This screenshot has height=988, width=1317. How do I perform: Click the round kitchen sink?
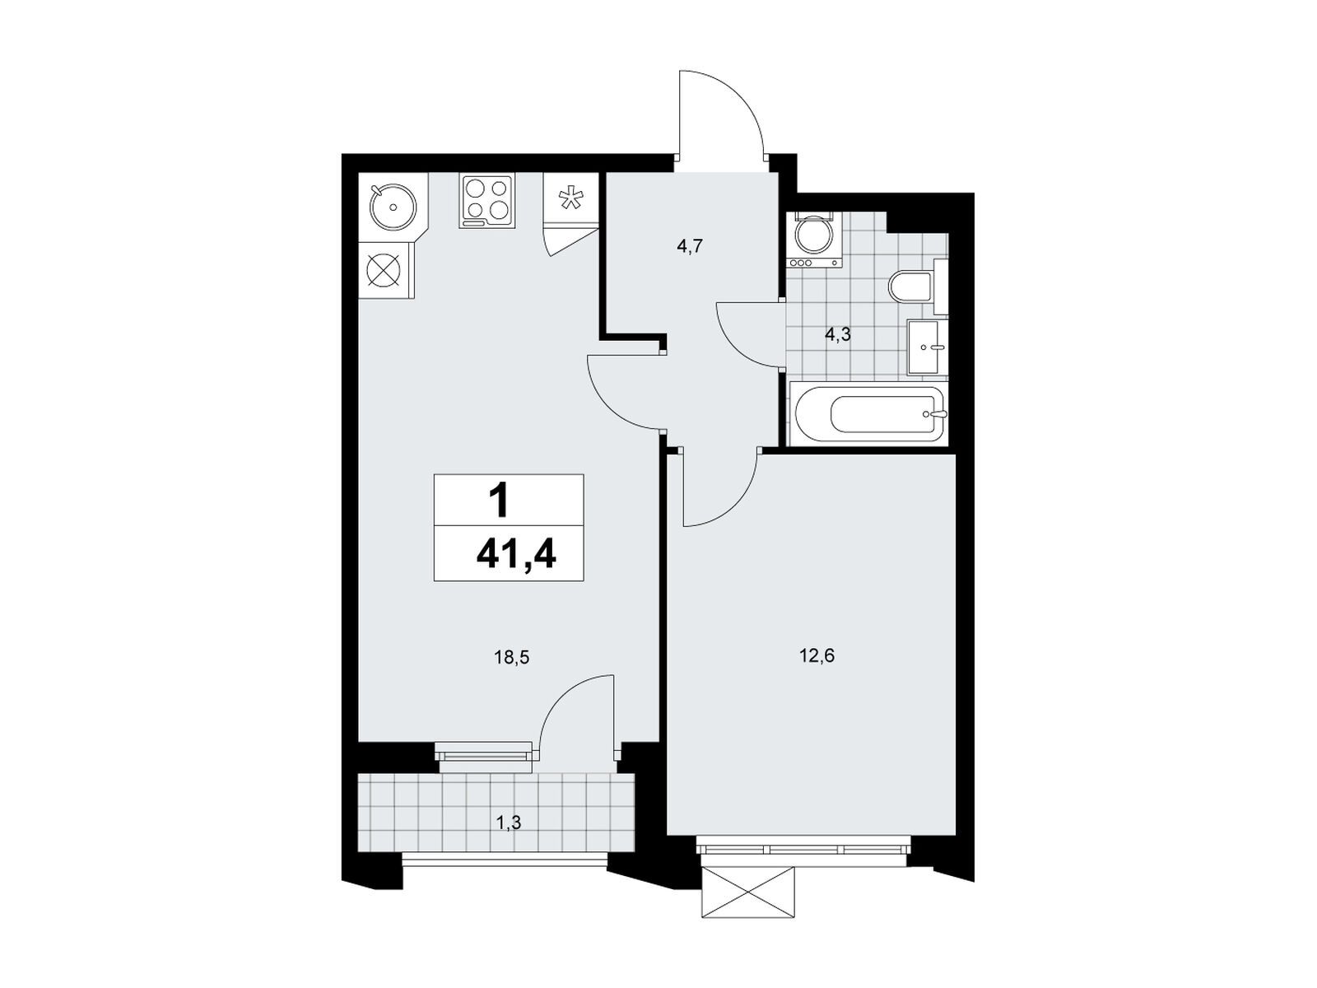tap(393, 207)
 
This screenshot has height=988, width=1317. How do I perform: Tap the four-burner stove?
tap(486, 201)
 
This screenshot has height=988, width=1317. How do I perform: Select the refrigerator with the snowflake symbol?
tap(570, 199)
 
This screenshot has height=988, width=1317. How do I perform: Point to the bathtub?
tap(868, 414)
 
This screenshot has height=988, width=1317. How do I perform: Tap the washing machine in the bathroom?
tap(814, 240)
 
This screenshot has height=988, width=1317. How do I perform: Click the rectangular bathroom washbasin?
tap(927, 347)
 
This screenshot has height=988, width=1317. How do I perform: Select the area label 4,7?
tap(690, 246)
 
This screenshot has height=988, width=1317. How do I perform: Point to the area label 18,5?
tap(512, 658)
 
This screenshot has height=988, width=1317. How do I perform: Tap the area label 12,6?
tap(817, 656)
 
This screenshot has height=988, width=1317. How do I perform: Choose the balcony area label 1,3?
tap(508, 823)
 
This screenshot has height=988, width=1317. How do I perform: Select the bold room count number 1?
tap(499, 501)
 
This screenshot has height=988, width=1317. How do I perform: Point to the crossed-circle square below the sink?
tap(386, 269)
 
